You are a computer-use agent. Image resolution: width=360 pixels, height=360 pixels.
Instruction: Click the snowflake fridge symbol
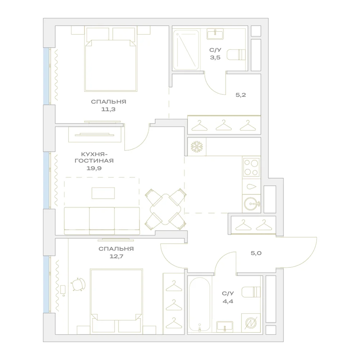tap(197, 147)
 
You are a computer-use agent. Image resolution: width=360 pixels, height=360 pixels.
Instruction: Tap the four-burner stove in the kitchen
tap(251, 168)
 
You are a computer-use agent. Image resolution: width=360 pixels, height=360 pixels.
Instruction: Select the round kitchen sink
tap(251, 204)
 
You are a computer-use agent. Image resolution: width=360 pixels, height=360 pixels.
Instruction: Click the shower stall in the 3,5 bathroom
tap(186, 50)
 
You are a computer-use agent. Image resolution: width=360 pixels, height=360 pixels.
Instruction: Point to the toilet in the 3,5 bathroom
tap(236, 55)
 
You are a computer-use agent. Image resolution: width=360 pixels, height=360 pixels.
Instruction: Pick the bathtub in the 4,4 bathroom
tap(199, 304)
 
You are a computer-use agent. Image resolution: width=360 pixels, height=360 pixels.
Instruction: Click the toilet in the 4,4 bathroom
tap(251, 292)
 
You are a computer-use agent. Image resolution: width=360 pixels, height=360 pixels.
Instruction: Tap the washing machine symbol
tap(251, 323)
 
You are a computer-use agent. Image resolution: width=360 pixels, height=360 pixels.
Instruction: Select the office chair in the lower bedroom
tap(78, 284)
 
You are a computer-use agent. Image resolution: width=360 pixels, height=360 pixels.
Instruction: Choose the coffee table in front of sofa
tap(103, 193)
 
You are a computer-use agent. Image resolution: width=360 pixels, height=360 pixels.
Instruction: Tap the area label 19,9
tap(94, 168)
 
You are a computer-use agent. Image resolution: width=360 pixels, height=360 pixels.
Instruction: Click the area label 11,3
tap(108, 109)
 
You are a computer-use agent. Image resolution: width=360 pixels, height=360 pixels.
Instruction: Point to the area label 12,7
tap(116, 256)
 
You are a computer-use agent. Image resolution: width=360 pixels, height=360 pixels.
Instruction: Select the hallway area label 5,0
tap(256, 253)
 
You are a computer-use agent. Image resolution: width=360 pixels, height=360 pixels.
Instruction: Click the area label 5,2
tap(241, 95)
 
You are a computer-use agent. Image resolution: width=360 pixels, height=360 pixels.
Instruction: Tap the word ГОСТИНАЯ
tap(94, 161)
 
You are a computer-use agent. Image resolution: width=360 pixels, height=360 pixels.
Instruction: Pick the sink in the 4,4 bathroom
tap(225, 327)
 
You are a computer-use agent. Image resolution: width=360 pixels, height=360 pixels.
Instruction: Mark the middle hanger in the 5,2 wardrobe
tap(224, 125)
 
